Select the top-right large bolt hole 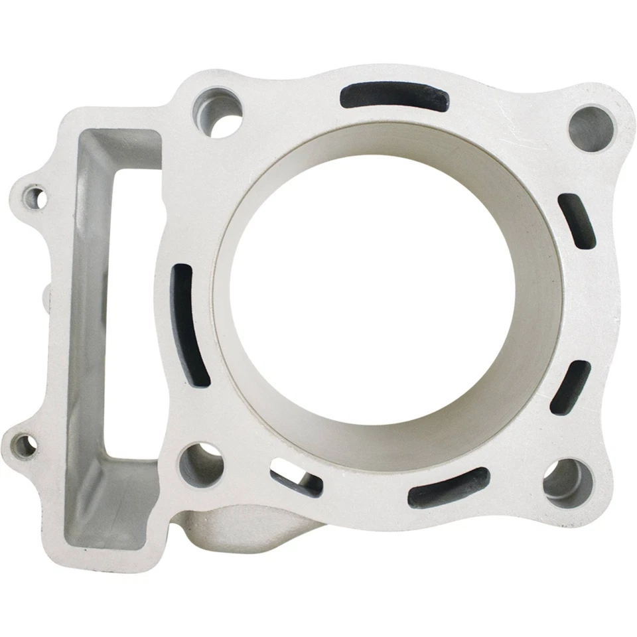592,127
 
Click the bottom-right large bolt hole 567,482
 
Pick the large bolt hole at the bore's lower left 200,464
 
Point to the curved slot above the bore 394,97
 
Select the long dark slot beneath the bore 448,488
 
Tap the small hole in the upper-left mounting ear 34,196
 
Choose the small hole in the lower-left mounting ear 24,445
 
